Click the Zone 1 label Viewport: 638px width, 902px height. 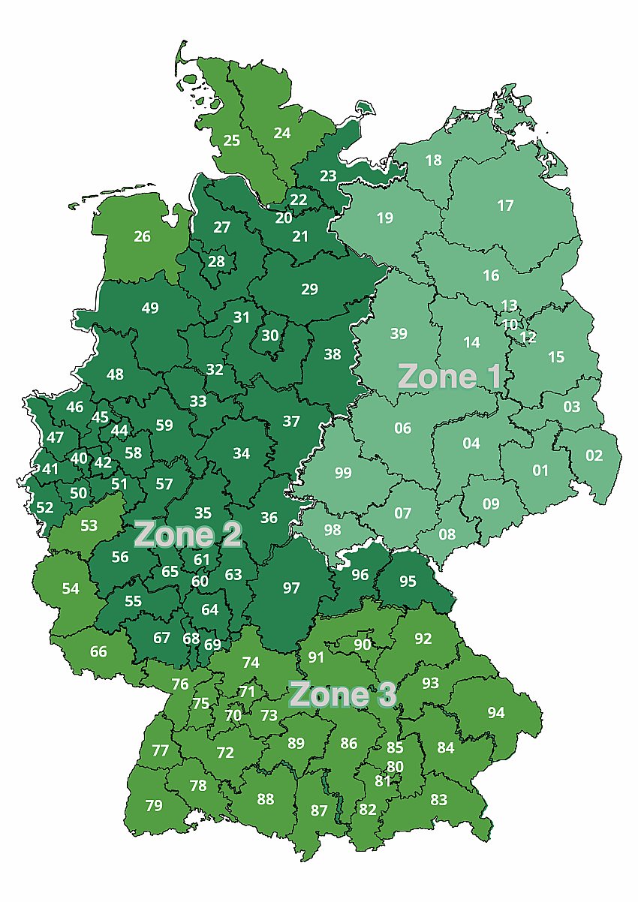coord(449,376)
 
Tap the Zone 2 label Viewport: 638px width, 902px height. coord(188,535)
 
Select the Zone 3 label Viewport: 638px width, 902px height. coord(342,695)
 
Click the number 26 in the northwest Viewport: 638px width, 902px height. coord(142,236)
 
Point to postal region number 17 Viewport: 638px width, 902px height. coord(505,205)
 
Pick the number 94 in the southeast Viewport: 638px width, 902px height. coord(496,712)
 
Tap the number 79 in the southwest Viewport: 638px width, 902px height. coord(154,805)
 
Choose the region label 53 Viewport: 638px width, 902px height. coord(89,525)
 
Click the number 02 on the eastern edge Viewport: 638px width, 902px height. coord(594,456)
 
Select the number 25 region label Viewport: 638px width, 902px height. coord(232,140)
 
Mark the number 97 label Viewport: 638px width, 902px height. coord(291,588)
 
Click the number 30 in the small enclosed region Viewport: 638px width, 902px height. coord(269,335)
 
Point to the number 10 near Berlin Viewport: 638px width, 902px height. coord(510,325)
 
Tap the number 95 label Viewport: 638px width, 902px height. coord(408,581)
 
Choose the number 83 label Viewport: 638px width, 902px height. coord(438,800)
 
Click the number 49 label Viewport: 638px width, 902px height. coord(150,308)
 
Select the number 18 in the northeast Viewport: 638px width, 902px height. coord(433,160)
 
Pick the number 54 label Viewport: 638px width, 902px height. coord(71,588)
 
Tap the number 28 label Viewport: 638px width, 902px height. coord(216,261)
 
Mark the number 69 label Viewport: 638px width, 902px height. coord(212,644)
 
